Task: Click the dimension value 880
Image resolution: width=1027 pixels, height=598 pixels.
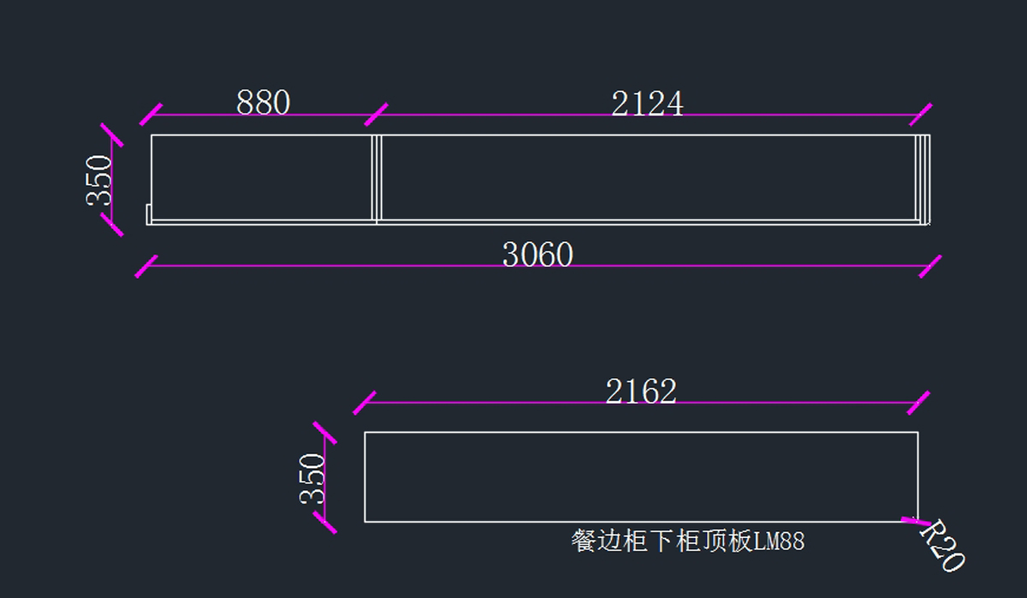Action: coord(263,104)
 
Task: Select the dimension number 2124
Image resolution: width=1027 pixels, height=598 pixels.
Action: coord(647,104)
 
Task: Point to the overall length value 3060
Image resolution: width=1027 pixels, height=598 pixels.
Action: coord(537,255)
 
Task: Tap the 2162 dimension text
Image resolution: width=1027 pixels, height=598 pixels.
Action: coord(641,392)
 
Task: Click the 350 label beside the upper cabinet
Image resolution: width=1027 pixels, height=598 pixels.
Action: coord(99,180)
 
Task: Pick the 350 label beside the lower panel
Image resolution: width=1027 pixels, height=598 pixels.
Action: coord(313,477)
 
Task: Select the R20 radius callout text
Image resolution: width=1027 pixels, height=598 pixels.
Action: coord(942,547)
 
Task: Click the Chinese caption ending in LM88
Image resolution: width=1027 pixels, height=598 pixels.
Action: coord(687,541)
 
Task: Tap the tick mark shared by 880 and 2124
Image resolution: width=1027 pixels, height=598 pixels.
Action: coord(376,115)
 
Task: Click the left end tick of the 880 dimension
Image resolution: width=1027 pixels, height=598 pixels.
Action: coord(151,115)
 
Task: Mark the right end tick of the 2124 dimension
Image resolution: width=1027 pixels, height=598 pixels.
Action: coord(921,115)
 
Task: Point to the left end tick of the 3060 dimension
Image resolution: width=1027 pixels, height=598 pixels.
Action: coord(147,265)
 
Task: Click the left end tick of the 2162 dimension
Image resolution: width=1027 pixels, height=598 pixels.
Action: coord(365,402)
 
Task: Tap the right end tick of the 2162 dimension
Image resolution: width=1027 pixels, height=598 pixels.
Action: coord(918,402)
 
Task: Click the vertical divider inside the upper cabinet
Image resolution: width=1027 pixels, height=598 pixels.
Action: coord(376,178)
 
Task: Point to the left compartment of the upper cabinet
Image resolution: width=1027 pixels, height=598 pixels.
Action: coord(262,175)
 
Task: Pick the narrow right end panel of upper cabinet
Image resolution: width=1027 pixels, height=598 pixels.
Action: coord(922,178)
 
